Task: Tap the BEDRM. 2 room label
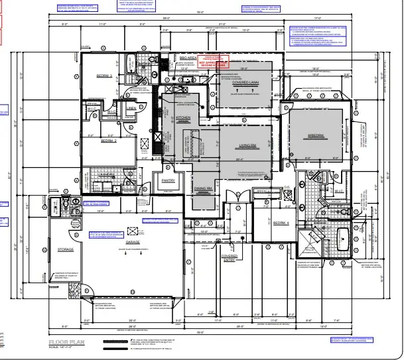[x=109, y=141]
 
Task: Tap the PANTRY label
[x=168, y=180]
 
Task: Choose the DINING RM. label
[x=202, y=189]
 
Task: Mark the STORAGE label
[x=65, y=249]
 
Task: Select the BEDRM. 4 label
[x=285, y=223]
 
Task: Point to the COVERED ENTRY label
[x=230, y=258]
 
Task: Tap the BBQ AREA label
[x=188, y=58]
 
